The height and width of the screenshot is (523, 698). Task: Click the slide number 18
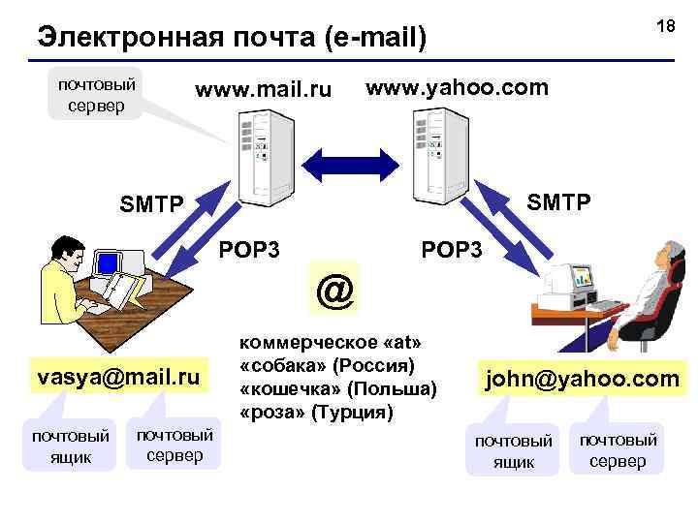pyautogui.click(x=665, y=26)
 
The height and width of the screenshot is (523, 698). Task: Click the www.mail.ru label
pyautogui.click(x=263, y=91)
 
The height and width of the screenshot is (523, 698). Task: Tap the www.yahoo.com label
pyautogui.click(x=457, y=87)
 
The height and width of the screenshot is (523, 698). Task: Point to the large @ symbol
pyautogui.click(x=334, y=289)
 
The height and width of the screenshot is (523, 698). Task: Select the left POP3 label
pyautogui.click(x=249, y=250)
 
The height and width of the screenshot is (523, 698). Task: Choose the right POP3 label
pyautogui.click(x=451, y=250)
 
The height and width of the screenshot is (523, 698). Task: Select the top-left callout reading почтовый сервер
pyautogui.click(x=96, y=93)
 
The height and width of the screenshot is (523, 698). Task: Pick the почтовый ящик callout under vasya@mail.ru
pyautogui.click(x=71, y=445)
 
